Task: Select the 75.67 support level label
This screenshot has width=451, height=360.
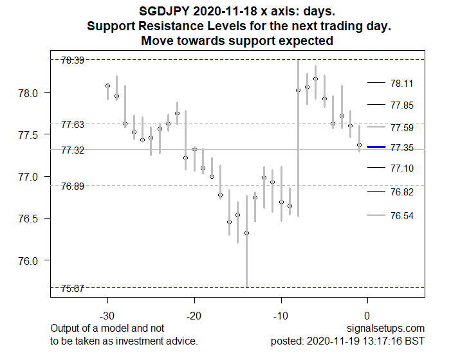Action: coord(72,289)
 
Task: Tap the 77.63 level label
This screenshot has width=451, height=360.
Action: coord(72,125)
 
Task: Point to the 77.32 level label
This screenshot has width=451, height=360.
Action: coord(72,150)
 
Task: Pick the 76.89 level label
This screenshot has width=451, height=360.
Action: coord(72,186)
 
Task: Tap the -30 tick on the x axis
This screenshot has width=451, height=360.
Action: coord(107,316)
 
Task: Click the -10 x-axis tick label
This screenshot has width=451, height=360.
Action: coord(281,316)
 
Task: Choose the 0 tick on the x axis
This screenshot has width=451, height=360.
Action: coord(367,316)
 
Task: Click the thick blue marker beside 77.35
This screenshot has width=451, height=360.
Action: coord(376,147)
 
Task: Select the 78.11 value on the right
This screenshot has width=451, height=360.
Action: coord(402,83)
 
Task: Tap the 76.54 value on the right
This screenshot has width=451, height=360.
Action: coord(402,215)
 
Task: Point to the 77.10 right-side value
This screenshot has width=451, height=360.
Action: coord(402,168)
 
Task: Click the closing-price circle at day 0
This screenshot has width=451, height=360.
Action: coord(359,145)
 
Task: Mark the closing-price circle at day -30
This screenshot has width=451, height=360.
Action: coord(107,85)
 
